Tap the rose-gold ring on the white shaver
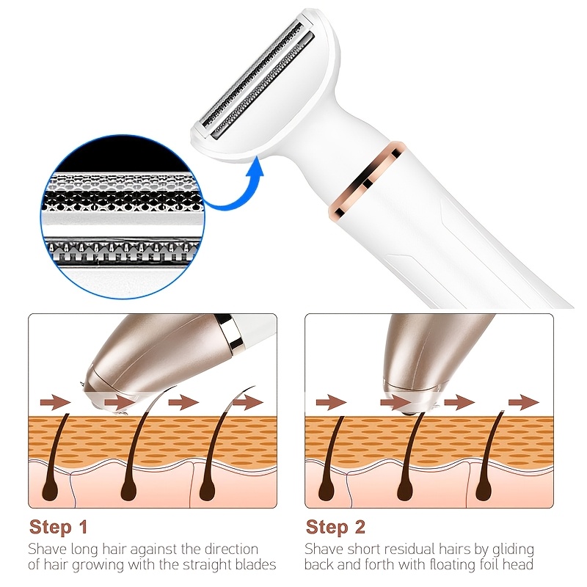pyautogui.click(x=367, y=180)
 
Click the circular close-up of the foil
pyautogui.click(x=123, y=216)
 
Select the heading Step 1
pyautogui.click(x=59, y=527)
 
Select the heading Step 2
pyautogui.click(x=335, y=527)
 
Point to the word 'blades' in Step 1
pyautogui.click(x=255, y=565)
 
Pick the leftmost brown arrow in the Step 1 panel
pyautogui.click(x=55, y=402)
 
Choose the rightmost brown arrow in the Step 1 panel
pyautogui.click(x=248, y=402)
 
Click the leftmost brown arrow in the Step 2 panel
pyautogui.click(x=331, y=402)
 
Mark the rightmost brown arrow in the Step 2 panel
pyautogui.click(x=523, y=402)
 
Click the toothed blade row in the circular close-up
pyautogui.click(x=122, y=252)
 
